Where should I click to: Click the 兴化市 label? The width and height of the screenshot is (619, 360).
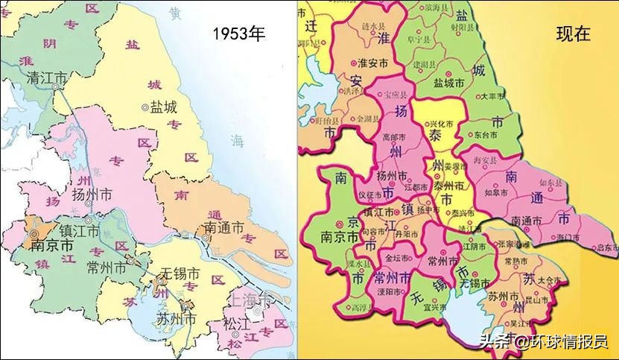(443, 122)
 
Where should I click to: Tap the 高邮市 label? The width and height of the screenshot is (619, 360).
(393, 138)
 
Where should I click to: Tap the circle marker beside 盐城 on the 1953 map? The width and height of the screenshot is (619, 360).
(145, 107)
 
